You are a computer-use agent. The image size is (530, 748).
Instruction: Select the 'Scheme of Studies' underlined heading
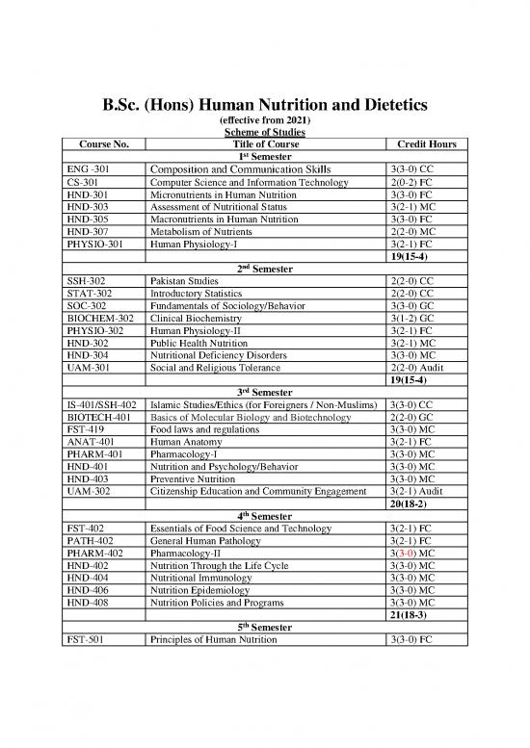pos(264,132)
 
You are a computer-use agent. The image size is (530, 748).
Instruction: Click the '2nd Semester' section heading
pos(264,269)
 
